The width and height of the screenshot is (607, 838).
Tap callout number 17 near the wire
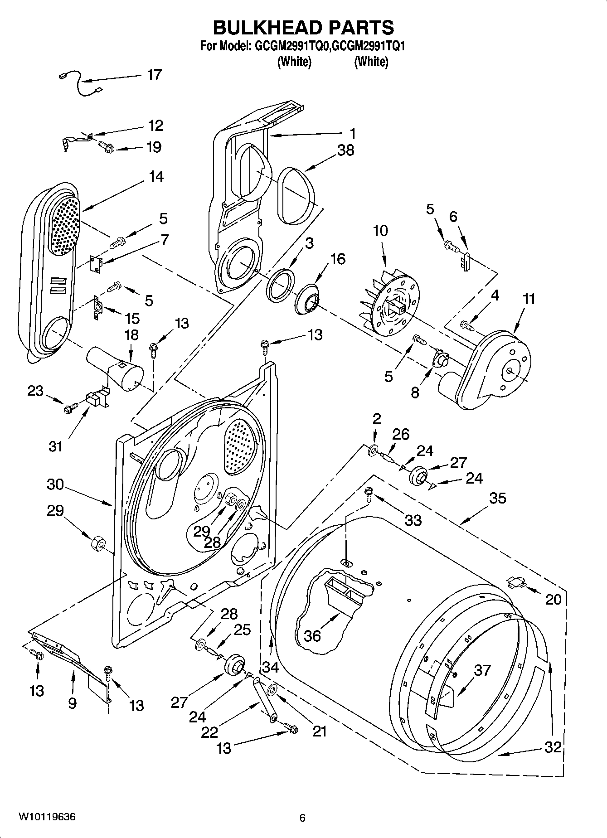click(154, 75)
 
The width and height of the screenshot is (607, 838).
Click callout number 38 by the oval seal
click(345, 150)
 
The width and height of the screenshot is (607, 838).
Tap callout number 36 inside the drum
click(312, 635)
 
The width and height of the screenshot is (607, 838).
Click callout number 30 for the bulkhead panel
click(55, 484)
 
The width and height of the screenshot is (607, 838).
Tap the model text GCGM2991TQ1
click(369, 46)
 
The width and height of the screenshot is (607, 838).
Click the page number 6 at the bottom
click(302, 818)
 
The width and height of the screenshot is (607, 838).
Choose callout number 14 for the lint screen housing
click(156, 176)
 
